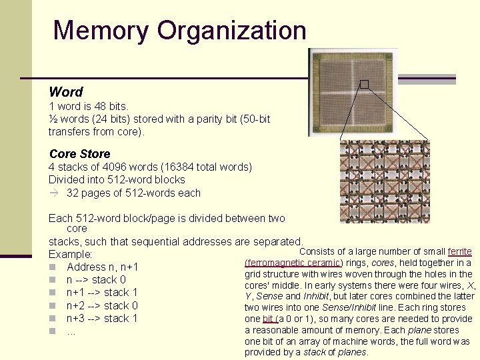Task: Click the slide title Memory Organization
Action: point(179,31)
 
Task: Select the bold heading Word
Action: point(66,92)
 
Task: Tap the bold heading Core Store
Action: point(79,153)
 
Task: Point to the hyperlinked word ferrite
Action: point(460,252)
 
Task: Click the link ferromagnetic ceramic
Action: point(294,263)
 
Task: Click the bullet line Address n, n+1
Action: point(102,267)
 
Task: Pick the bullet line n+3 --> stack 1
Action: point(102,318)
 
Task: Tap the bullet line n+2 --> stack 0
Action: point(102,305)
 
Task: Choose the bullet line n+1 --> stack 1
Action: point(102,293)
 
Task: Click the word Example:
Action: point(70,255)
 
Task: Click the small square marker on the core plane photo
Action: point(364,84)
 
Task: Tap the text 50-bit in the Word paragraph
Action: point(253,119)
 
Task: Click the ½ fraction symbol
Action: point(53,119)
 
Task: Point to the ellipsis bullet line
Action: point(71,331)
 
